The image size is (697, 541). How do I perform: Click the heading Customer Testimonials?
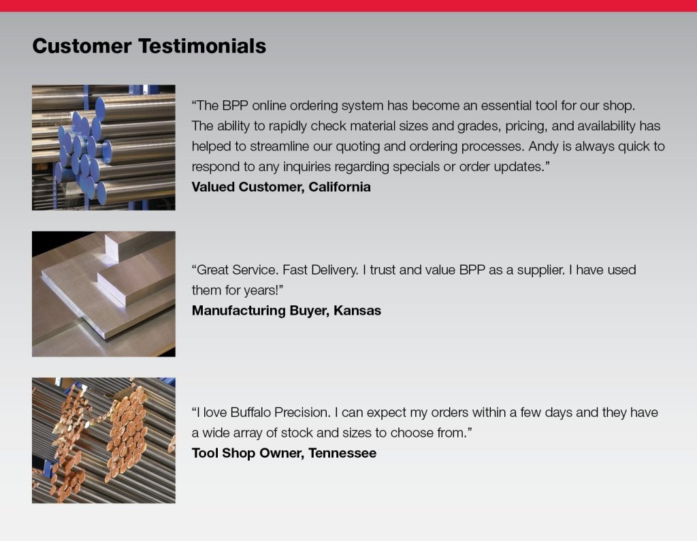click(x=149, y=46)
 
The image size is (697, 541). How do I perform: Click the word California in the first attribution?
click(x=340, y=187)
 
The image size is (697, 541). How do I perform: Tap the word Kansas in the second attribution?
click(x=357, y=311)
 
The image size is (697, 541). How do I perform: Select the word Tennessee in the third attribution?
click(x=342, y=453)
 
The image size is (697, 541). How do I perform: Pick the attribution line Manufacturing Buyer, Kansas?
click(x=287, y=311)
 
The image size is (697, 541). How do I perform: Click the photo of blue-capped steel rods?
click(x=103, y=147)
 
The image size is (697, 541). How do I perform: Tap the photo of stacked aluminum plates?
click(x=103, y=294)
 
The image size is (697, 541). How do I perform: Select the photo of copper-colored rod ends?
click(x=103, y=440)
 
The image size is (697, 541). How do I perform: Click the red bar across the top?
click(x=348, y=5)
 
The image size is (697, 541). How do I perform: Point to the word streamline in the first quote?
click(x=281, y=146)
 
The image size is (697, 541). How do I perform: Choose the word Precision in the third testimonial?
click(x=302, y=412)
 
